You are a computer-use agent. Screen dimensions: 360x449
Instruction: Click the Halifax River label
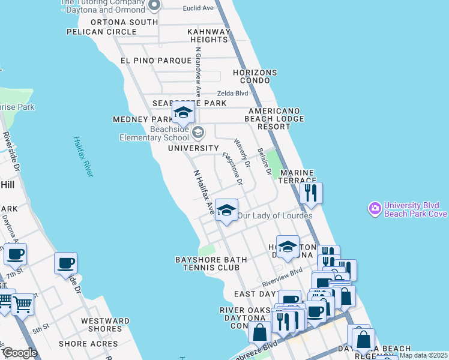83,157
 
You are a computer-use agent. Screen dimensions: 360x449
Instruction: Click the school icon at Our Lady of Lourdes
226,210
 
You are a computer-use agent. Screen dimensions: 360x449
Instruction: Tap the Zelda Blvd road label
232,94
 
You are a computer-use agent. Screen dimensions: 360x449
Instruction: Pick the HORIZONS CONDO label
255,77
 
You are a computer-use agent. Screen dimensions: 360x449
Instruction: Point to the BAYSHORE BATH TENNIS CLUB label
211,263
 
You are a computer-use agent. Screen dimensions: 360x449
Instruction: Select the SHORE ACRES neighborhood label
84,344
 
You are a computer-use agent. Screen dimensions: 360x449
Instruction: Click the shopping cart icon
22,304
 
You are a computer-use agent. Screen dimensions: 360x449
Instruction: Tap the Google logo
19,353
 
